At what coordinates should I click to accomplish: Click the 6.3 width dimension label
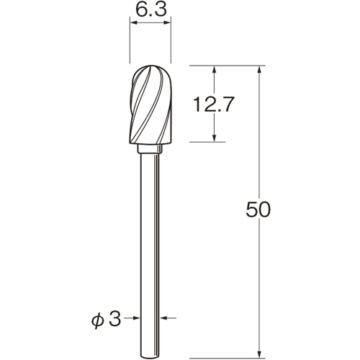click(151, 10)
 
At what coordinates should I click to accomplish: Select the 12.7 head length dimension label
click(213, 104)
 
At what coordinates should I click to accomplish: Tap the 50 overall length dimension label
click(258, 210)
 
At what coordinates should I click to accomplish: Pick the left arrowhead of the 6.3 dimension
click(133, 23)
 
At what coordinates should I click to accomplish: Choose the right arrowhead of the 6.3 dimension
click(167, 23)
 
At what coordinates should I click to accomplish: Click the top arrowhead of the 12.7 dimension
click(215, 69)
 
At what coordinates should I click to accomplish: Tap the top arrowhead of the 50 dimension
click(259, 69)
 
